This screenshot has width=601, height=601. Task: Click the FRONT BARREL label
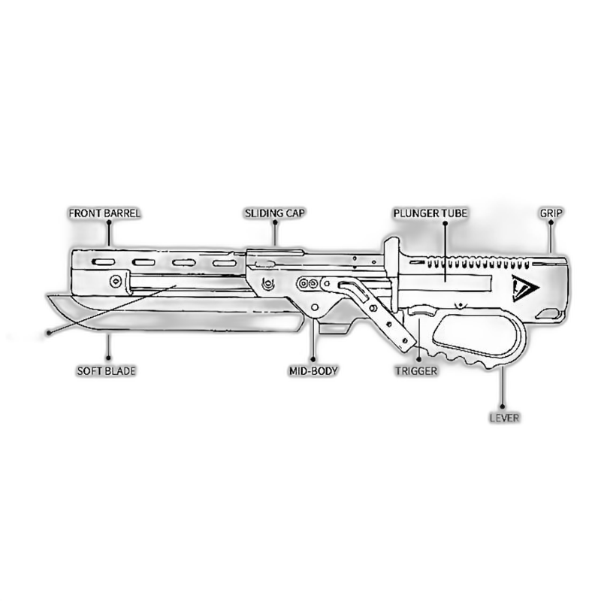[104, 213]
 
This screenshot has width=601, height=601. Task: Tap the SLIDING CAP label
[275, 213]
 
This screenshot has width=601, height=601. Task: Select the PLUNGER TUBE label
[430, 213]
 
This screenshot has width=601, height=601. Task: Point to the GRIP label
[551, 213]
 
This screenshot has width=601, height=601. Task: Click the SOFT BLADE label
[106, 371]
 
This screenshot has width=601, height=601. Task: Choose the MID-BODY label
[313, 371]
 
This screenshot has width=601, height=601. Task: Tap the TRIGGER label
[416, 371]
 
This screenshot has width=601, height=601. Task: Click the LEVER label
[504, 418]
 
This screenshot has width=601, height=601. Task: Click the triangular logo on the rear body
[524, 288]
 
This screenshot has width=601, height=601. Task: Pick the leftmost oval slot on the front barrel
[103, 262]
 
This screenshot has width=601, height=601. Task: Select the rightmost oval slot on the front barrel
[224, 263]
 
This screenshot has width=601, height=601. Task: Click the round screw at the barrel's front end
[116, 282]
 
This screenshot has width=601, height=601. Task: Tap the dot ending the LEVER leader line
[502, 406]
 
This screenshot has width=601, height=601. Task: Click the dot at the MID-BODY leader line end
[313, 360]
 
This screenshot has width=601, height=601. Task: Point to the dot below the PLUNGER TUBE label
[445, 223]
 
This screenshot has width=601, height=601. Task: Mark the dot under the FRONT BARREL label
[109, 223]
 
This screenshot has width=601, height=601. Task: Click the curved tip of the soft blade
[47, 295]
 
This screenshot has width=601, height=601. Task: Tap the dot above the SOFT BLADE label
[108, 358]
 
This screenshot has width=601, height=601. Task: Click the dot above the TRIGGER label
[419, 360]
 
